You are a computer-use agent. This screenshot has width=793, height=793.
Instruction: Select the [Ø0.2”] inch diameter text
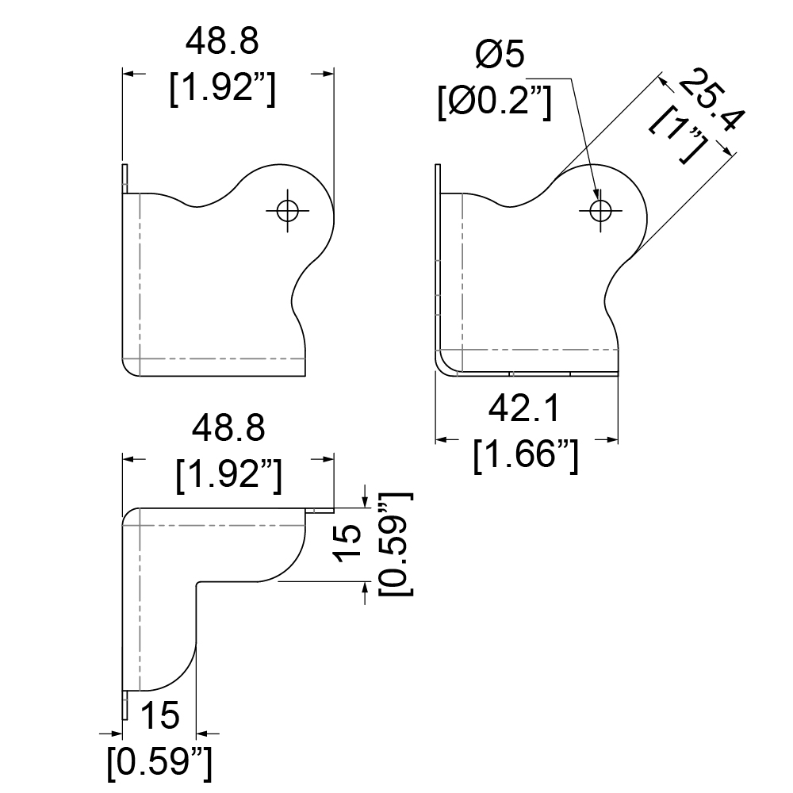pos(494,102)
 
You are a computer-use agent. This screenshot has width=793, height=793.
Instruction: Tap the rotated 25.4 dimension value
pos(711,100)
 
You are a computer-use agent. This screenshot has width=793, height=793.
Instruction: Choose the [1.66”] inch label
pos(526,456)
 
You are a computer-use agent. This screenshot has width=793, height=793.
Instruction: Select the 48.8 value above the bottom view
pos(228,428)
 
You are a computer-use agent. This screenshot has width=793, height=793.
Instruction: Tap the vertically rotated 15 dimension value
pos(348,544)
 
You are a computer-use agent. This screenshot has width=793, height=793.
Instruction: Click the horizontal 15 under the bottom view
pos(160,715)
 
